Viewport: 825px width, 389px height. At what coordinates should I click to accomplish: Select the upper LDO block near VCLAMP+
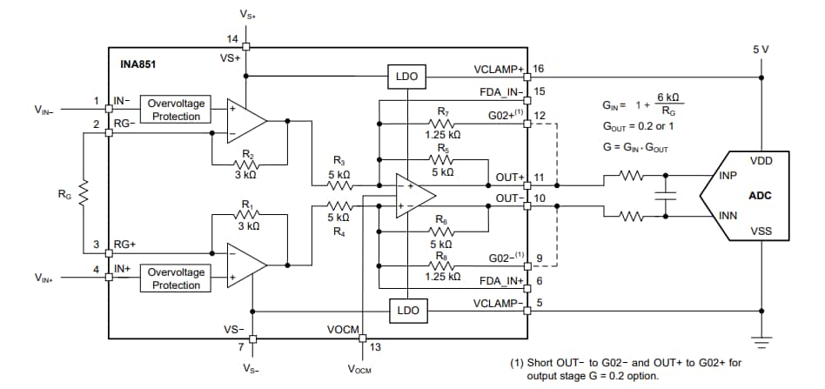click(x=406, y=77)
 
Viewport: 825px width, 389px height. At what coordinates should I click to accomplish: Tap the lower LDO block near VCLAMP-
click(x=406, y=311)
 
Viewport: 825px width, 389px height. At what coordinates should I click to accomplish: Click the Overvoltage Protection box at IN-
click(x=176, y=110)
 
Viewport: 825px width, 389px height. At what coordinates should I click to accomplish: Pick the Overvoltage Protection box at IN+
click(x=176, y=278)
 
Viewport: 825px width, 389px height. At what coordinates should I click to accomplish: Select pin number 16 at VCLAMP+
click(x=539, y=68)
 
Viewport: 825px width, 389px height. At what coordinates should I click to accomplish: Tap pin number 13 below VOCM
click(x=375, y=347)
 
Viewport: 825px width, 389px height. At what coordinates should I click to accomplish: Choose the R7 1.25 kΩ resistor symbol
click(x=443, y=124)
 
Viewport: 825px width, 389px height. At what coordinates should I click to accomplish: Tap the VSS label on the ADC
click(x=760, y=231)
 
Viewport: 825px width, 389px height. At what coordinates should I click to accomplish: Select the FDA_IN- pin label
click(x=500, y=91)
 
